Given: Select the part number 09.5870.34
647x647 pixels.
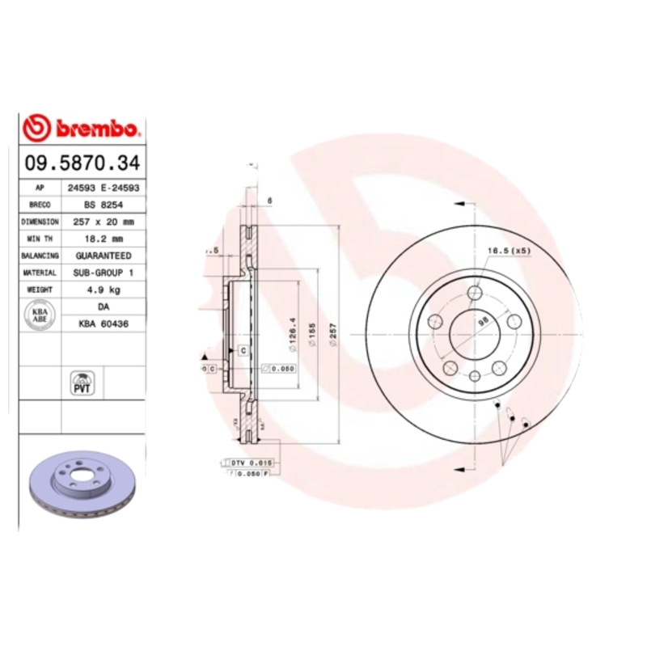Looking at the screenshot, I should click(x=82, y=163).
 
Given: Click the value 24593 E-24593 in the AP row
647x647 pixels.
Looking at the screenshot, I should click(x=104, y=188).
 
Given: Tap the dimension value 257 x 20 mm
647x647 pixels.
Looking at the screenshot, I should click(x=104, y=222).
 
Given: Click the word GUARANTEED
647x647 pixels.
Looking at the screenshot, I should click(x=104, y=256).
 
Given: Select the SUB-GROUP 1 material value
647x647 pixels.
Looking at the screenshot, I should click(x=104, y=273).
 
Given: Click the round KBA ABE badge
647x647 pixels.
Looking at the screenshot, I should click(x=40, y=315).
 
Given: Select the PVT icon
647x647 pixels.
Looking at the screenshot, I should click(x=82, y=383).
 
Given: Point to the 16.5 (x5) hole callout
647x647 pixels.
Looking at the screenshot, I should click(x=508, y=252).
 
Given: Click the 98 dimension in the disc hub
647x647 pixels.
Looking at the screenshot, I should click(x=484, y=320).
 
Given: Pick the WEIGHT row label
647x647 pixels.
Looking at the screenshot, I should click(x=40, y=290).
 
